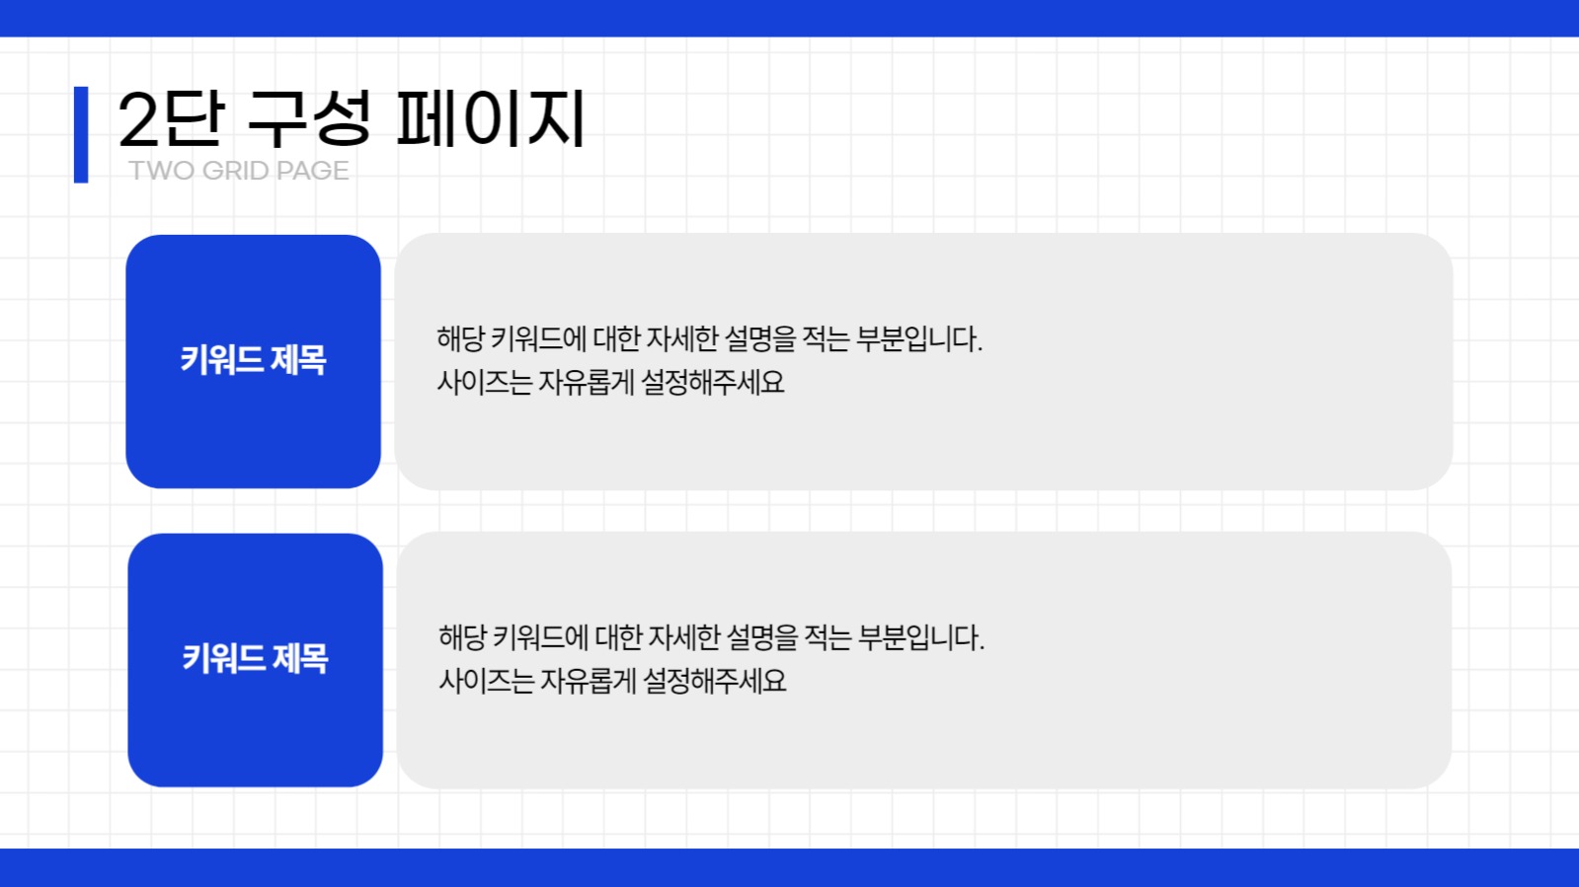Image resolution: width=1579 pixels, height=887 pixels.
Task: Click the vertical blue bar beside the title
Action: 81,134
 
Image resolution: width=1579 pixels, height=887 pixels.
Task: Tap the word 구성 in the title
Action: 309,118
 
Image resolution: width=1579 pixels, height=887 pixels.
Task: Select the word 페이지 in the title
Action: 491,119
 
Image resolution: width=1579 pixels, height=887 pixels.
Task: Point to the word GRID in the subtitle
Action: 235,171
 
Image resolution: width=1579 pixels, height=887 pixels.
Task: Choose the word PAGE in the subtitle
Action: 312,171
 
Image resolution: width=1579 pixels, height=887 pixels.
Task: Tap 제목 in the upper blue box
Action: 298,360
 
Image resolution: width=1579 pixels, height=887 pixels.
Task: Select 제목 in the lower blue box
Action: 300,658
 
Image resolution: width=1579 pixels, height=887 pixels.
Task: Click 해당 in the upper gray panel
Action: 460,339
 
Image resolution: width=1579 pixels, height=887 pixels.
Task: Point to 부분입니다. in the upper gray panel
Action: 918,339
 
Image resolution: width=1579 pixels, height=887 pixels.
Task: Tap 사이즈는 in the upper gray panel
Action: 484,382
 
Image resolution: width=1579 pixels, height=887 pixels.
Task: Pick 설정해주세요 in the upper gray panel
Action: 712,382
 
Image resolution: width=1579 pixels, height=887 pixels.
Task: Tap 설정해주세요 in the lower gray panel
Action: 714,681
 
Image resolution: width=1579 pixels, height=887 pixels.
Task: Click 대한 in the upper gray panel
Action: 617,339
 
